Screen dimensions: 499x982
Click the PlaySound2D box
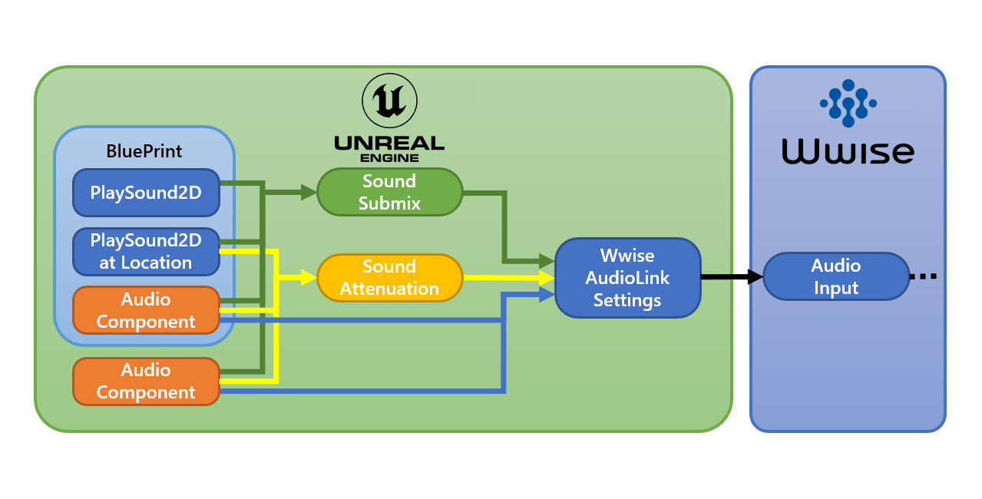pyautogui.click(x=146, y=193)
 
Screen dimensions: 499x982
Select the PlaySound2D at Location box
pyautogui.click(x=146, y=252)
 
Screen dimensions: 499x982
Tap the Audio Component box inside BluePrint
pyautogui.click(x=146, y=311)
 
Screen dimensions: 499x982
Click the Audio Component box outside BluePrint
pyautogui.click(x=146, y=381)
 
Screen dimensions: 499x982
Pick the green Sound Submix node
pyautogui.click(x=389, y=192)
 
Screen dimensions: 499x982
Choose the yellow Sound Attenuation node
pyautogui.click(x=389, y=277)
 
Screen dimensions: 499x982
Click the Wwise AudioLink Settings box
pyautogui.click(x=627, y=278)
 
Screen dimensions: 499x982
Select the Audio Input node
pyautogui.click(x=836, y=276)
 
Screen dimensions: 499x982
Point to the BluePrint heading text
pyautogui.click(x=144, y=151)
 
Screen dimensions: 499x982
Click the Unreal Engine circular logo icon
pyautogui.click(x=389, y=100)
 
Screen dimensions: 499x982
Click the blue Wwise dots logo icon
pyautogui.click(x=848, y=103)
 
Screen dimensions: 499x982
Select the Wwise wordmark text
pyautogui.click(x=848, y=151)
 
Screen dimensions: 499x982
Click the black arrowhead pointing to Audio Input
pyautogui.click(x=755, y=276)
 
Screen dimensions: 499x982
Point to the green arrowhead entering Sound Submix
pyautogui.click(x=309, y=193)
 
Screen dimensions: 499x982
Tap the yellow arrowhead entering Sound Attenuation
pyautogui.click(x=309, y=276)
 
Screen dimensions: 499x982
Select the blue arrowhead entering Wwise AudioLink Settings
pyautogui.click(x=547, y=294)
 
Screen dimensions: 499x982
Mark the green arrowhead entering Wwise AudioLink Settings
pyautogui.click(x=547, y=262)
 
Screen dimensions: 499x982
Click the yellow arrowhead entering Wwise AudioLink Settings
pyautogui.click(x=547, y=277)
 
